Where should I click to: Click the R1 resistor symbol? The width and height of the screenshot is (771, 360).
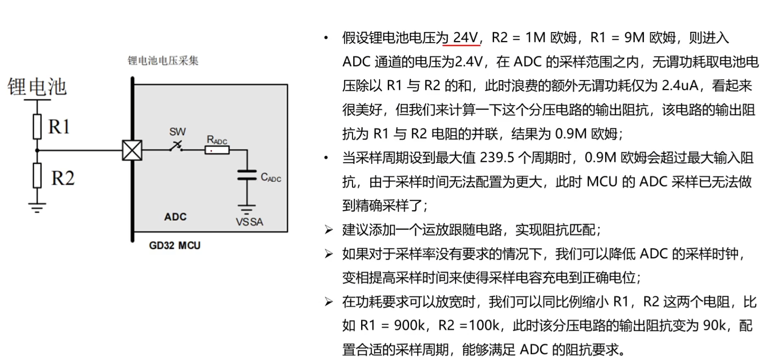[37, 126]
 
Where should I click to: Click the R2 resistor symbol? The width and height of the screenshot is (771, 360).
[37, 176]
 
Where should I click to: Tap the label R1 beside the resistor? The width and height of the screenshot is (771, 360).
[59, 127]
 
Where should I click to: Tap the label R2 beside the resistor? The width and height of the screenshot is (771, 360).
[63, 178]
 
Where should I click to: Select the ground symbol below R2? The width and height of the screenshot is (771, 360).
[37, 207]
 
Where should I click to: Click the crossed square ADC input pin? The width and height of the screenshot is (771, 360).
[132, 150]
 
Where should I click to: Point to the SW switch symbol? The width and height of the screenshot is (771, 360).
[176, 147]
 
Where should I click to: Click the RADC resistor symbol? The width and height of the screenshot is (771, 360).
[217, 150]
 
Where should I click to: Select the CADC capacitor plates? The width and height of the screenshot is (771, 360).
[247, 176]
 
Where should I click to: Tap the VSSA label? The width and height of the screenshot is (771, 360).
[249, 222]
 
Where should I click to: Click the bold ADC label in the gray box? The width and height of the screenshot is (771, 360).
[175, 217]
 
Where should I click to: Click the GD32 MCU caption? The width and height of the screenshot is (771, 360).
[175, 245]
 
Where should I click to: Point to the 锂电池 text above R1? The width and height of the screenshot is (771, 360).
[37, 87]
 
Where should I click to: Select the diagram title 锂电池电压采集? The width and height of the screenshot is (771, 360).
[163, 61]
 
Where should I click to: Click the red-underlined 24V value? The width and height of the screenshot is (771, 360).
[465, 38]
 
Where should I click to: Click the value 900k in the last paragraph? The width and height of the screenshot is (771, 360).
[409, 325]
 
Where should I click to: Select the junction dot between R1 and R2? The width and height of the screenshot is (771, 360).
[37, 150]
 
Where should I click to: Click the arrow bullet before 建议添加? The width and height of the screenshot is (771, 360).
[328, 230]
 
